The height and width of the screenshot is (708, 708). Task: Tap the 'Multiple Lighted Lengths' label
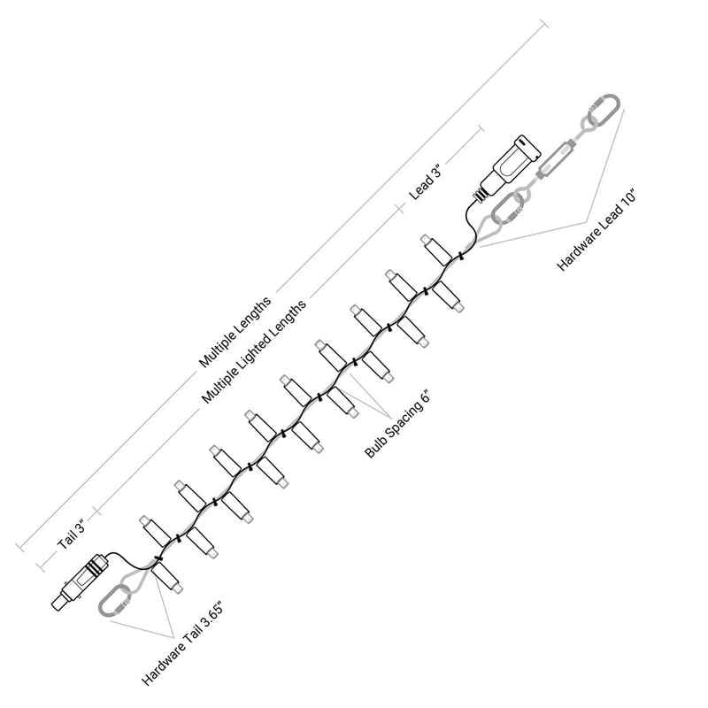click(254, 351)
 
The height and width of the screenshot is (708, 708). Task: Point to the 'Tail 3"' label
click(71, 535)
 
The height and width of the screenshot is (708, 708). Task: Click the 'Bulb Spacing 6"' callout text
click(396, 425)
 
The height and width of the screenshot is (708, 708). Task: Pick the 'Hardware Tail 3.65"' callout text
click(182, 643)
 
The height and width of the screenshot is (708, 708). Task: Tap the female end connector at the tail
click(80, 582)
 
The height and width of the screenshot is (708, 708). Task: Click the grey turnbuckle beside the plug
click(556, 160)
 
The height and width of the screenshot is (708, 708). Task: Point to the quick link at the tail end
click(114, 601)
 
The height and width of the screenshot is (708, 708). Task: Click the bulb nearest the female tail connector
click(167, 578)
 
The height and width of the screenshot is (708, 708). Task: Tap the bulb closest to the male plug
click(436, 250)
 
